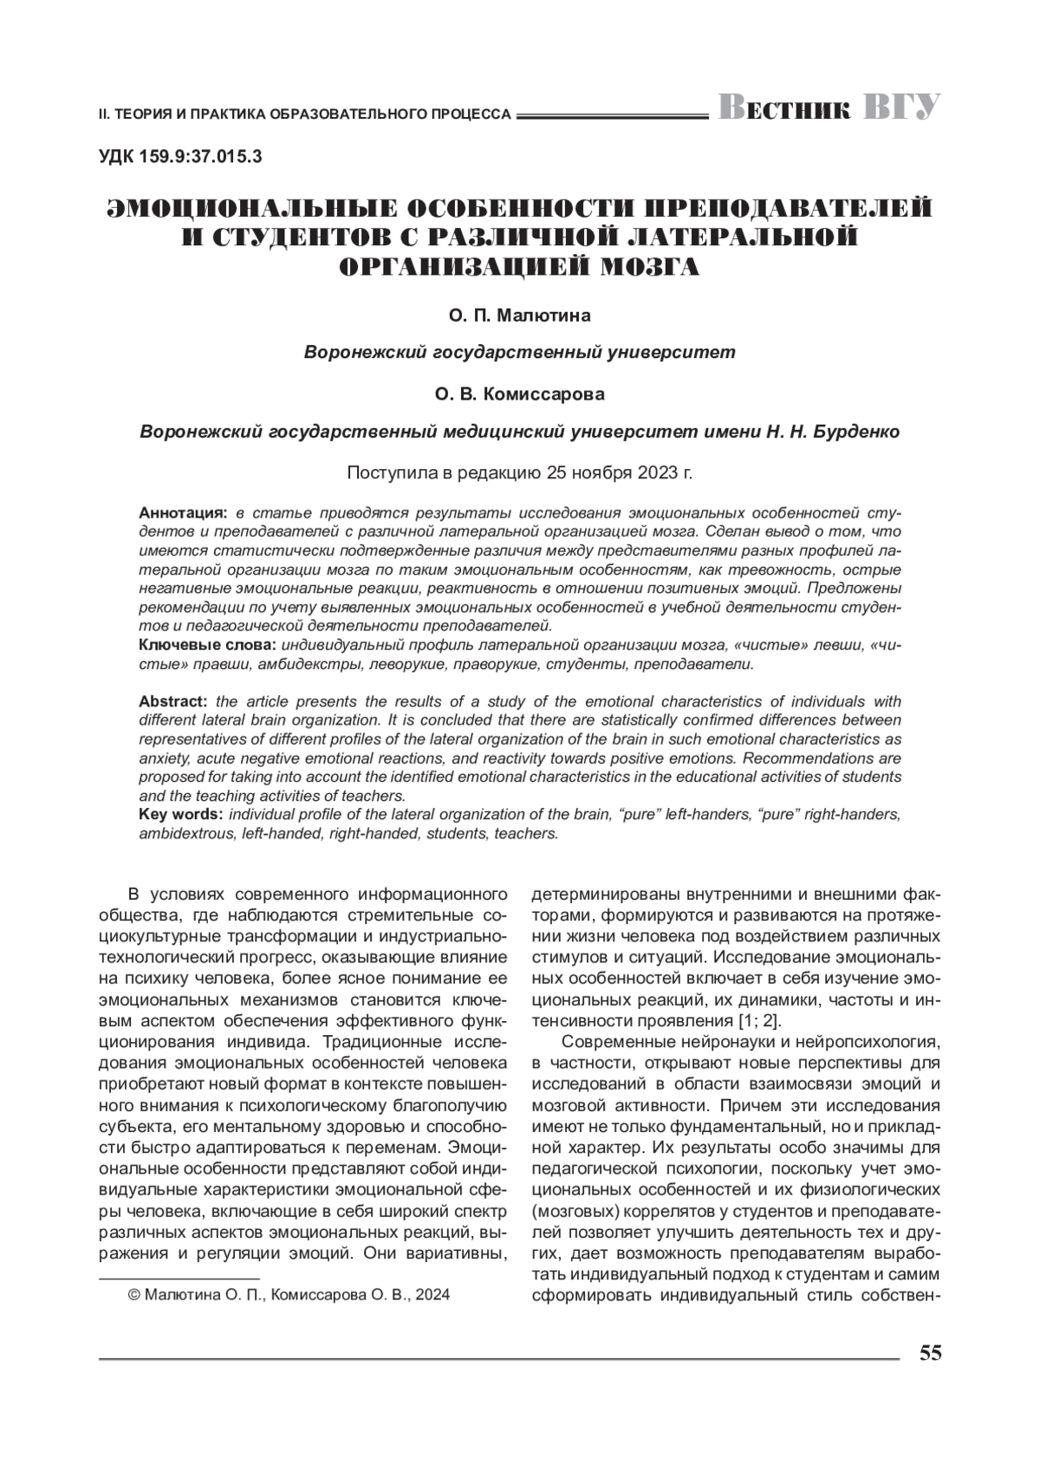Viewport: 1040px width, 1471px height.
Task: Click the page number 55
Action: (x=930, y=1353)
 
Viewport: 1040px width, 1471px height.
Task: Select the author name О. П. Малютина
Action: (x=519, y=316)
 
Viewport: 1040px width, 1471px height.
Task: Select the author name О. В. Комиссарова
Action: (x=519, y=394)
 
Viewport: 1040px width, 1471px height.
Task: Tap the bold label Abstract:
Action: (x=172, y=701)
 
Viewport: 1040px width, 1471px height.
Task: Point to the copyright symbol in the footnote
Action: (x=133, y=1295)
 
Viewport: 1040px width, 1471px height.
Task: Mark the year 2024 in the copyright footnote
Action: (x=432, y=1295)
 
